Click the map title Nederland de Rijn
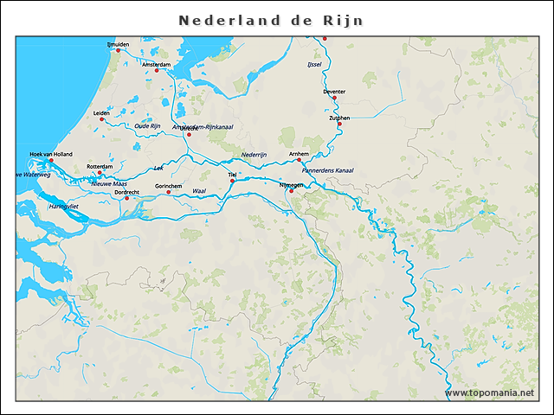click(271, 20)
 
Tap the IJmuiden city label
click(118, 44)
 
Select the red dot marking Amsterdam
click(157, 71)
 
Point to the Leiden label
click(102, 112)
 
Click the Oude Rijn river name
click(147, 126)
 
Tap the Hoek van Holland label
click(48, 154)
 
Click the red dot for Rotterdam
click(100, 173)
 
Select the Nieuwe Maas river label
click(109, 183)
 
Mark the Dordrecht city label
click(131, 191)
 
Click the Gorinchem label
click(168, 186)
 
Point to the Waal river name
click(198, 190)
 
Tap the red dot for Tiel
click(232, 182)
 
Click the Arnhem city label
click(300, 153)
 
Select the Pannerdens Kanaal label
click(327, 170)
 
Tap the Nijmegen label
click(292, 185)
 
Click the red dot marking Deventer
click(334, 98)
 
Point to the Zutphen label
click(339, 118)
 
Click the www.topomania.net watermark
click(489, 393)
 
